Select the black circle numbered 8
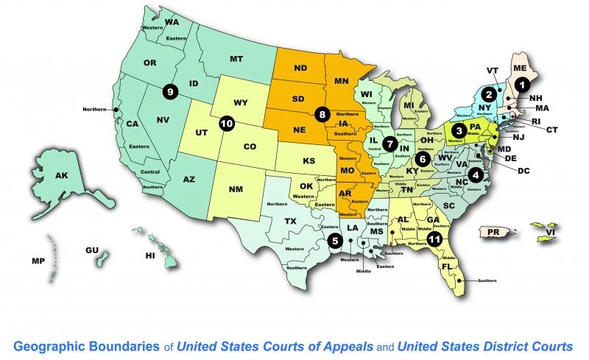coord(322,114)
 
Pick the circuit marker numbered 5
coord(335,240)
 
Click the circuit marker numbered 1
coord(521,85)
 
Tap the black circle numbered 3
coord(459,131)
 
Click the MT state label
coord(236,58)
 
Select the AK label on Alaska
coord(61,176)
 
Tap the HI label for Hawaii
coord(150,255)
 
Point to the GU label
coord(92,250)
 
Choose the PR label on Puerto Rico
coord(494,232)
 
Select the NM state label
coord(236,190)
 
